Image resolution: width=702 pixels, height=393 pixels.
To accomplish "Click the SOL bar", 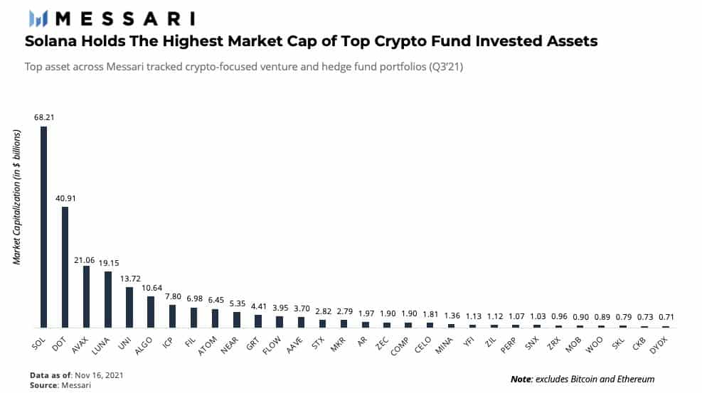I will [43, 227].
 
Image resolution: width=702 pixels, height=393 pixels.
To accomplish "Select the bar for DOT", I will [65, 267].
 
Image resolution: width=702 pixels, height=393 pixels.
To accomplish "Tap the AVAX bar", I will [86, 296].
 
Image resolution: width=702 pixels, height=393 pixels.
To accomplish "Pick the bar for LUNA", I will [108, 299].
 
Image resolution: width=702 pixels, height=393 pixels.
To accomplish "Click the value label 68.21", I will [43, 117].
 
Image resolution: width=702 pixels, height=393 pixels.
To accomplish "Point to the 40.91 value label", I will [65, 198].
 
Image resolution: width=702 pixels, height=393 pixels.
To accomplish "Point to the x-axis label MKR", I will [339, 342].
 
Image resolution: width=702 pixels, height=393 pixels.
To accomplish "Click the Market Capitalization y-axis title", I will [16, 214].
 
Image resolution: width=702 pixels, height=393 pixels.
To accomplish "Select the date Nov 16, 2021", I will [92, 374].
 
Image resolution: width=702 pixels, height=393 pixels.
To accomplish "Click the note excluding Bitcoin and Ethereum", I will [583, 379].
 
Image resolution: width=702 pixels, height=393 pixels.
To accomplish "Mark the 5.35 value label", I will [237, 302].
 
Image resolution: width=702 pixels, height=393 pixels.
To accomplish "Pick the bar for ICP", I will [172, 316].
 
